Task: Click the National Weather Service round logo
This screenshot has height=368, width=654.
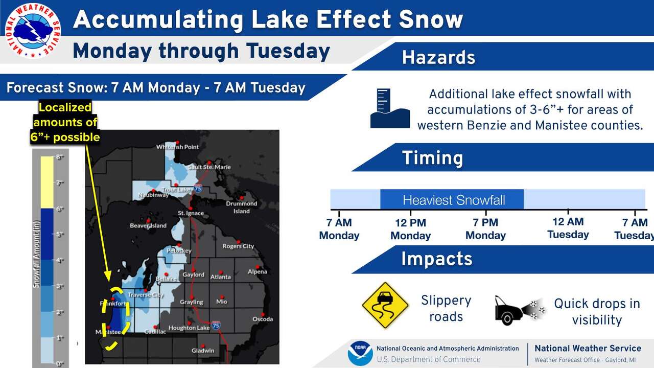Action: pyautogui.click(x=32, y=31)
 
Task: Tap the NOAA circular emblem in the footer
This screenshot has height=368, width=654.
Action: pyautogui.click(x=360, y=354)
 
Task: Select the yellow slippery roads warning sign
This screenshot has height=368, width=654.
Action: pyautogui.click(x=385, y=306)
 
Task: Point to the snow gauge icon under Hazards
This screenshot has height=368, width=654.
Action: pyautogui.click(x=390, y=108)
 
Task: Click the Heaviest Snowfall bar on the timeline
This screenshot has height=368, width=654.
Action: pyautogui.click(x=452, y=200)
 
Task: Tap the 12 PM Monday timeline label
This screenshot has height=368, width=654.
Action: pyautogui.click(x=410, y=229)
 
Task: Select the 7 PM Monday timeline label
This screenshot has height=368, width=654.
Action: pyautogui.click(x=485, y=229)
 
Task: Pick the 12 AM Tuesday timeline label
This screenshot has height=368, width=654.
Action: pyautogui.click(x=568, y=228)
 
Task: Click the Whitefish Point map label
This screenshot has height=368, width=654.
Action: pyautogui.click(x=177, y=147)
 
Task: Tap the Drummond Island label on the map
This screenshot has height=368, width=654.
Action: pyautogui.click(x=242, y=207)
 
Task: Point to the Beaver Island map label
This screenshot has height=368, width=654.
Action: pyautogui.click(x=148, y=225)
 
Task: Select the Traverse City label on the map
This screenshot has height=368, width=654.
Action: pyautogui.click(x=145, y=295)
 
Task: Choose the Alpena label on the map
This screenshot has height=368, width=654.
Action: pyautogui.click(x=257, y=271)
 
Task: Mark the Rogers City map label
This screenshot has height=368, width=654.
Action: pyautogui.click(x=238, y=246)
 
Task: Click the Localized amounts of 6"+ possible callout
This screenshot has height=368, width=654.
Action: pyautogui.click(x=65, y=122)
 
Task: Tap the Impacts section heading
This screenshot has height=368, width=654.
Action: pyautogui.click(x=436, y=259)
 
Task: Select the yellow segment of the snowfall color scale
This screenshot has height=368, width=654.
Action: pyautogui.click(x=46, y=182)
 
